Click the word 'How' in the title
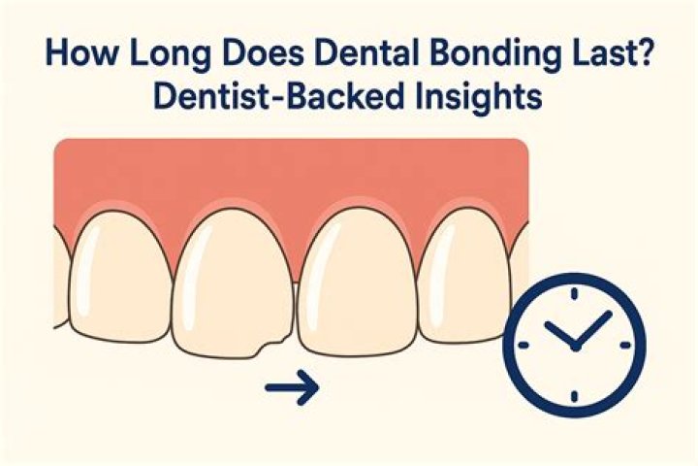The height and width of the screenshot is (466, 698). (70, 51)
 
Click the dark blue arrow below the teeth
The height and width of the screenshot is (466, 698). (292, 391)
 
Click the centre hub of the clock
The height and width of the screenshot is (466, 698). (575, 346)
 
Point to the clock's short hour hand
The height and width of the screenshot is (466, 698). (559, 335)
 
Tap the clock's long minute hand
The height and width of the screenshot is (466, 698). (593, 328)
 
